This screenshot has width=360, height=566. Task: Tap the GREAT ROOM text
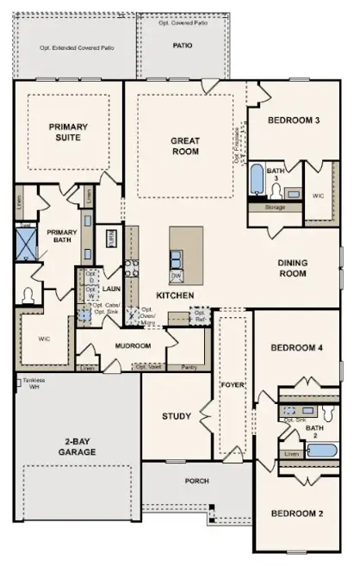184,146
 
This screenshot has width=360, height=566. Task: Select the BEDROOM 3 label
293,120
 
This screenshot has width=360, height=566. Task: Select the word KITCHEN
172,295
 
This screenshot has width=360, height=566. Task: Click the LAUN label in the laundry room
110,289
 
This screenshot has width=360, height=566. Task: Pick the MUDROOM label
133,346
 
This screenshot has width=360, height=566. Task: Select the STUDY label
177,417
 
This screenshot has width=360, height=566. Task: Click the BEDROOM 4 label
295,348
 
